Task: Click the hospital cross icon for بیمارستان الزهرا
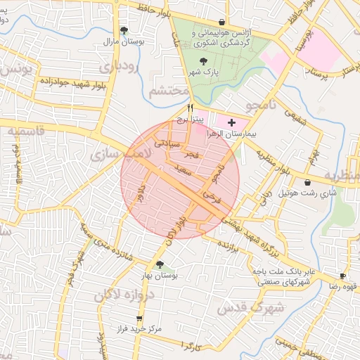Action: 232,122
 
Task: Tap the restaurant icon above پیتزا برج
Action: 190,108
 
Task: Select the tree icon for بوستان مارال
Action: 124,30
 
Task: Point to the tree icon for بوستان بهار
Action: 160,264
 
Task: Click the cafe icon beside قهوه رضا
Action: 342,276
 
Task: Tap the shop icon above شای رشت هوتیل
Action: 308,183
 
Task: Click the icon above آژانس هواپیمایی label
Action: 222,22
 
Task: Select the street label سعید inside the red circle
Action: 183,171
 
